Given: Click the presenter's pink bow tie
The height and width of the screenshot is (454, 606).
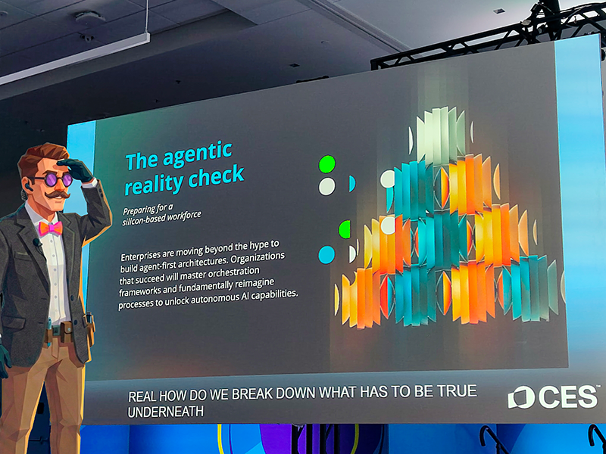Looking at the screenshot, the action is click(x=51, y=229).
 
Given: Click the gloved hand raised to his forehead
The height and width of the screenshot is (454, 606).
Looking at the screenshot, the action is click(x=77, y=169).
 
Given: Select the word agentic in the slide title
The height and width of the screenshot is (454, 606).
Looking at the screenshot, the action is click(x=198, y=154).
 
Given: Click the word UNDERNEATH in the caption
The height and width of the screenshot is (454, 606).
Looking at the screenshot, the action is click(x=165, y=412).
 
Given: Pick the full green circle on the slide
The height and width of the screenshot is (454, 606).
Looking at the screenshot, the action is click(x=327, y=164).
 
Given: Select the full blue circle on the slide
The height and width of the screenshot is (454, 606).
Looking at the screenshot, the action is click(x=326, y=255).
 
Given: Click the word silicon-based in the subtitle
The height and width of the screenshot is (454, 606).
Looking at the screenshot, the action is click(x=147, y=221).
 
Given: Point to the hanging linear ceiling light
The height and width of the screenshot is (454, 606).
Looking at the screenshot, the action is click(x=74, y=58).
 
